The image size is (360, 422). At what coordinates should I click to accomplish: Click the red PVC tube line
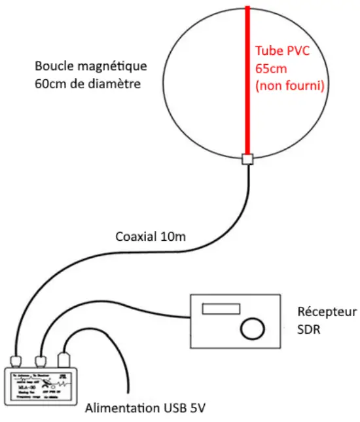248,85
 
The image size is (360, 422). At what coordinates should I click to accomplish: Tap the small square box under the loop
247,159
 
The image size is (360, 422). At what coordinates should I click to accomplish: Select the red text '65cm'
268,68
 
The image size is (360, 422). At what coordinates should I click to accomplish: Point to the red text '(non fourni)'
289,85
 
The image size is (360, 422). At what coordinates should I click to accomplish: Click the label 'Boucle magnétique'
91,66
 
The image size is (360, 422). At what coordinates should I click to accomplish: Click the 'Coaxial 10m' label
150,236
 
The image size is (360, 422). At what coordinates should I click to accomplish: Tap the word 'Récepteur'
325,311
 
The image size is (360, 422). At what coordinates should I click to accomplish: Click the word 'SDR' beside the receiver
308,330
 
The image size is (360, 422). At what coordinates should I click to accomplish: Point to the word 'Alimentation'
122,409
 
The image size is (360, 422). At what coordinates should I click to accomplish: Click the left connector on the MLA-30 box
17,360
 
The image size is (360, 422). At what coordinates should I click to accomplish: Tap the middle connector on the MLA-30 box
41,360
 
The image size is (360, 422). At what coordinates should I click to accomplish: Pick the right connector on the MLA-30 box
64,359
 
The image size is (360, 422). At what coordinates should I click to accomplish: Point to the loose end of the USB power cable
126,393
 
